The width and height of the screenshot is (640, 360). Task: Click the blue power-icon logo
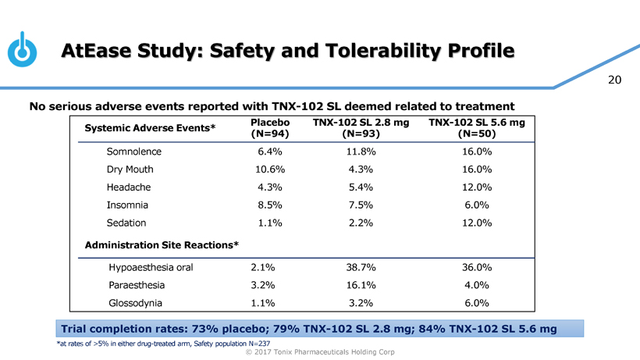coord(24,49)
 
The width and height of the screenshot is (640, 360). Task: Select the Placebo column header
coord(271,129)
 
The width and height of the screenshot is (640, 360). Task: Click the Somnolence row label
coord(134,151)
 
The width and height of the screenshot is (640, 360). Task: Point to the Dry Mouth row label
coord(130,169)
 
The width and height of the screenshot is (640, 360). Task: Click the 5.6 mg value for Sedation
coord(476,223)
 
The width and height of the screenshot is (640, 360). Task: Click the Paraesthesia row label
coord(137,286)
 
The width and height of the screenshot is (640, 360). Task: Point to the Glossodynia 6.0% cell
coord(476,303)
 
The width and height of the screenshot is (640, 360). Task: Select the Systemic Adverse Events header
coord(150,129)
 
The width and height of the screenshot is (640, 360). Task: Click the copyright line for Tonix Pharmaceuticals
coord(320,352)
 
